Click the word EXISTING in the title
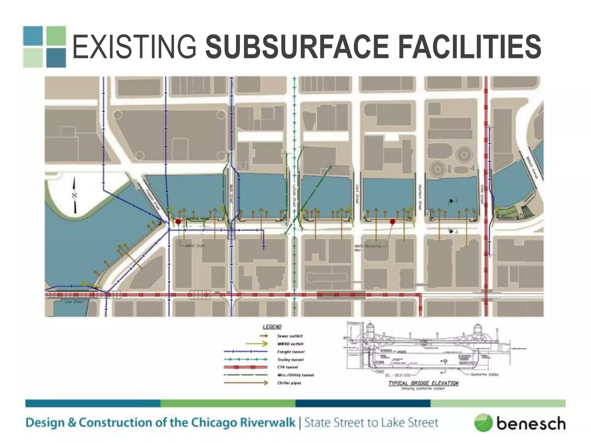[134, 47]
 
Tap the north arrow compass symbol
[75, 195]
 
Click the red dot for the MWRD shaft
[178, 221]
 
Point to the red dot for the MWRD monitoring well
[392, 221]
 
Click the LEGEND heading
[272, 327]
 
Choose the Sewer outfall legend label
[290, 336]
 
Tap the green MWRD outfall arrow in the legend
[257, 344]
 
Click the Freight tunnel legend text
[291, 352]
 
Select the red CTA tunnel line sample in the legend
[245, 367]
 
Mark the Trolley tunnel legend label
[290, 360]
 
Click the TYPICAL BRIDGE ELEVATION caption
[423, 383]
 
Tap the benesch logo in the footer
[520, 423]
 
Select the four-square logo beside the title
[44, 47]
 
